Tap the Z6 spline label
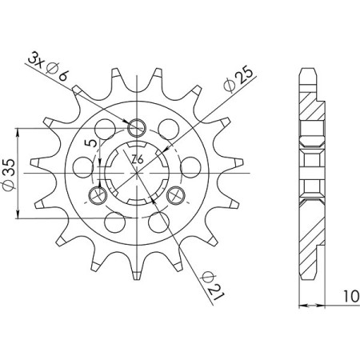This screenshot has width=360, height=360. (138, 159)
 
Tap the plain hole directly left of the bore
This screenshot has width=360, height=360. (82, 166)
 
